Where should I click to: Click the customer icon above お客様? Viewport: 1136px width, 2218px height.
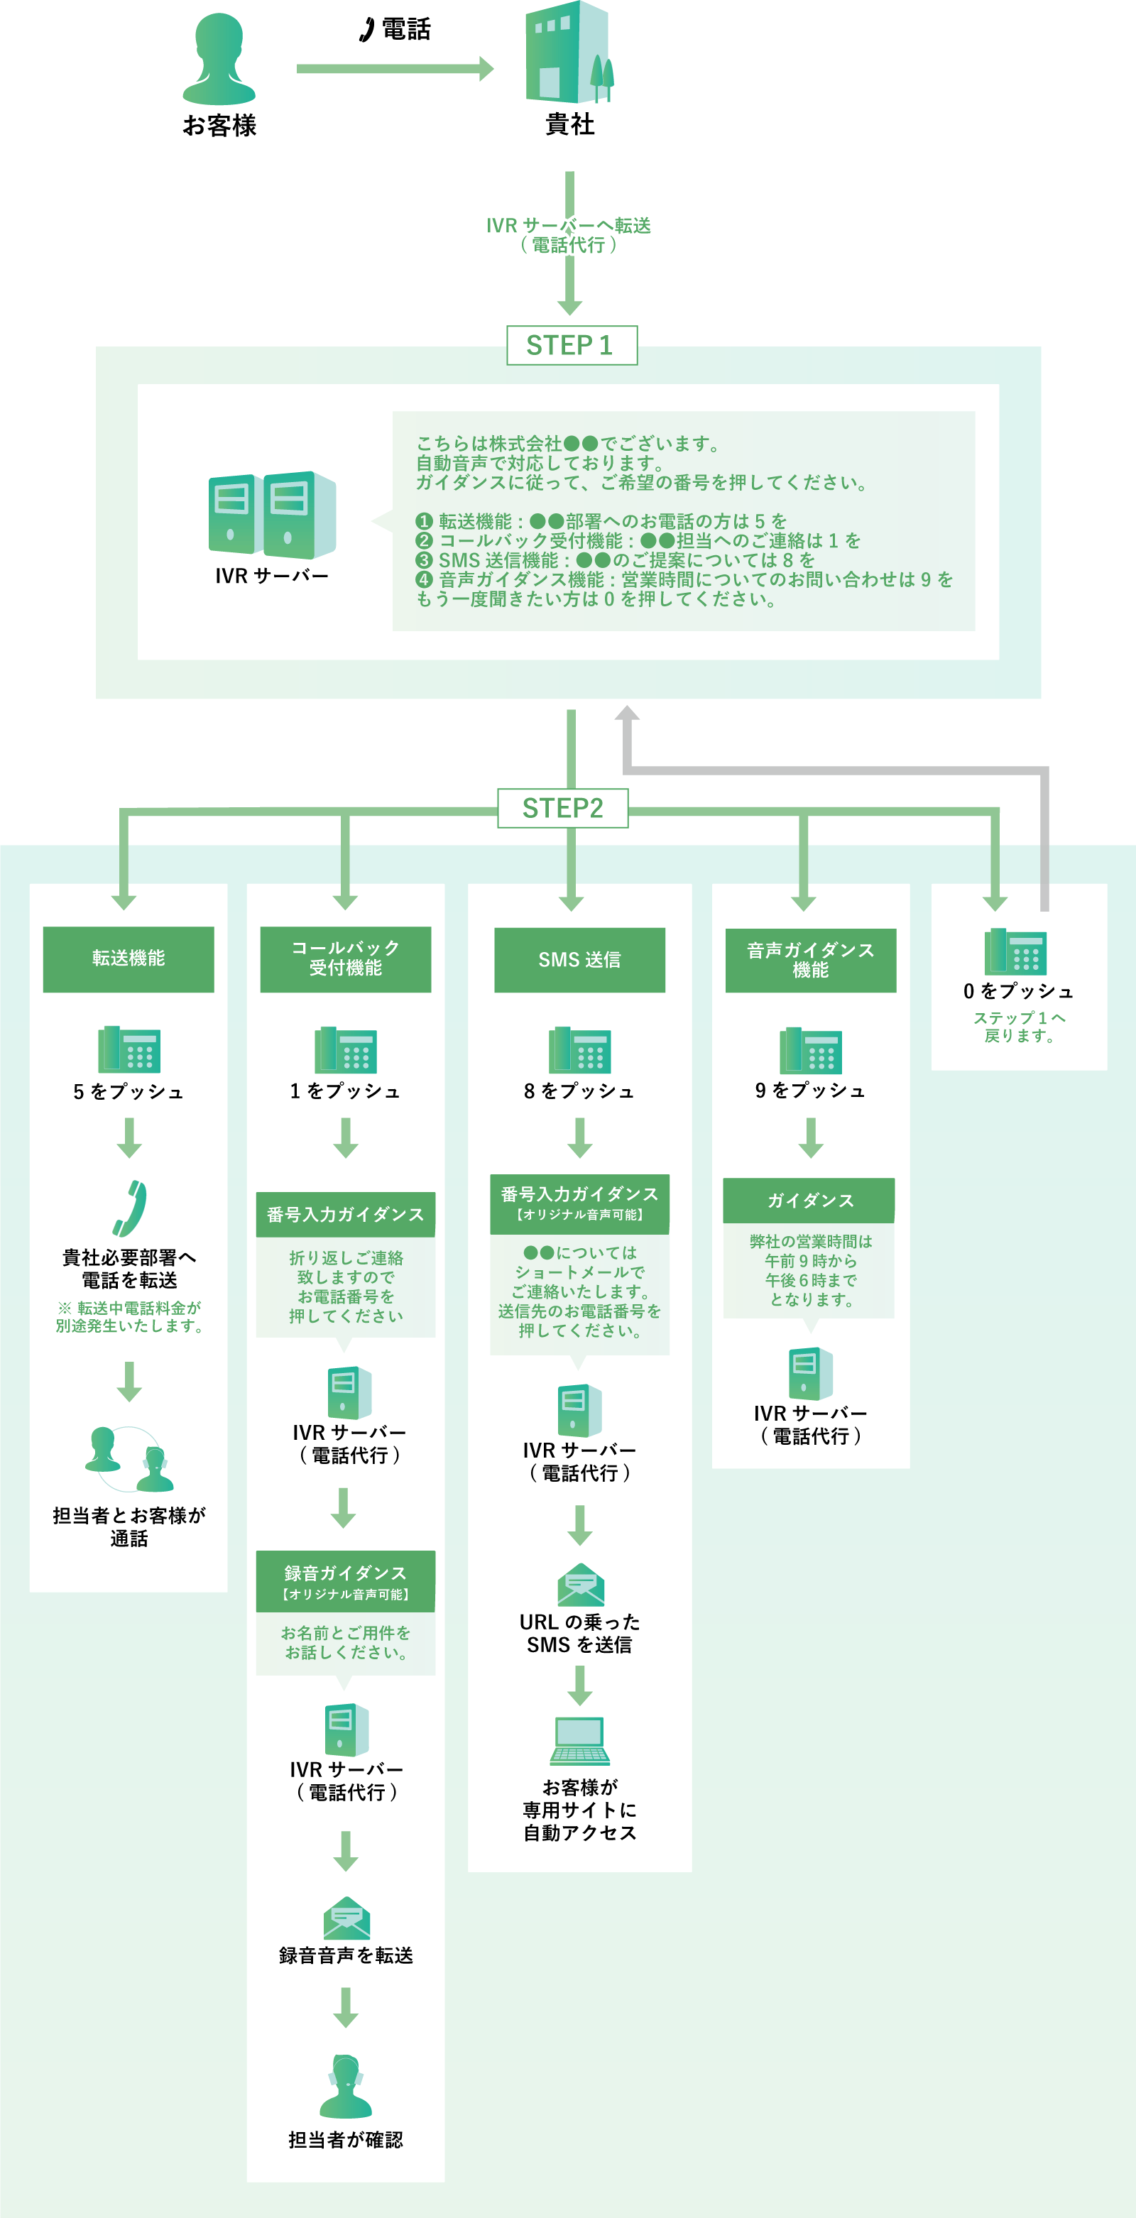click(219, 58)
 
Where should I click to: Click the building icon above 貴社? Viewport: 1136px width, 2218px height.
click(569, 53)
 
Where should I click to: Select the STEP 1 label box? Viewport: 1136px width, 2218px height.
click(571, 345)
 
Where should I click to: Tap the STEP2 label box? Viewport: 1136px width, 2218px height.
click(562, 808)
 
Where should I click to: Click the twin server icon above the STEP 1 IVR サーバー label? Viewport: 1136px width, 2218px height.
click(271, 514)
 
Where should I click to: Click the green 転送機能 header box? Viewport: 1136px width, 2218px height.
click(129, 958)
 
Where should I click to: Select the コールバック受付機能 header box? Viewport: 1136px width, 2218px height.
click(345, 958)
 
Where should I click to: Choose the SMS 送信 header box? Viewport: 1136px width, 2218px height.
click(579, 959)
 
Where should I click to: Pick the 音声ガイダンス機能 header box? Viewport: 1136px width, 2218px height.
click(809, 959)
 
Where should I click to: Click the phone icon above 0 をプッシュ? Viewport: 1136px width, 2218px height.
click(1015, 951)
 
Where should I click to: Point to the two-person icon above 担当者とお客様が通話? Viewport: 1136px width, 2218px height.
click(129, 1460)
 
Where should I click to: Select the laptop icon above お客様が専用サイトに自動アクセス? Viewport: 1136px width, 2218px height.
click(579, 1740)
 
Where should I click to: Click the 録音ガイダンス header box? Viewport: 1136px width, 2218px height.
click(345, 1581)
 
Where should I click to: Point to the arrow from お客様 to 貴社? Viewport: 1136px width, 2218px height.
click(395, 69)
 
